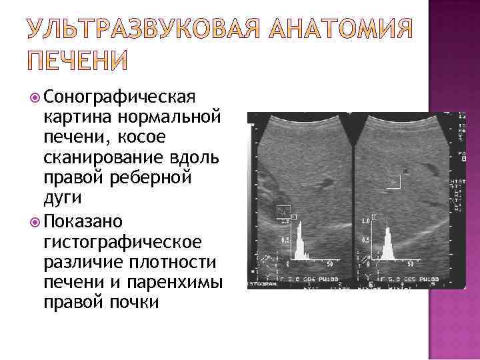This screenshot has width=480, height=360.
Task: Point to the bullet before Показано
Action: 36,220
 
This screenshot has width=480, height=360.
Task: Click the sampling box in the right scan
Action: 393,181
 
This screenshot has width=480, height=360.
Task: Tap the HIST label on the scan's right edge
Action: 459,181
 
